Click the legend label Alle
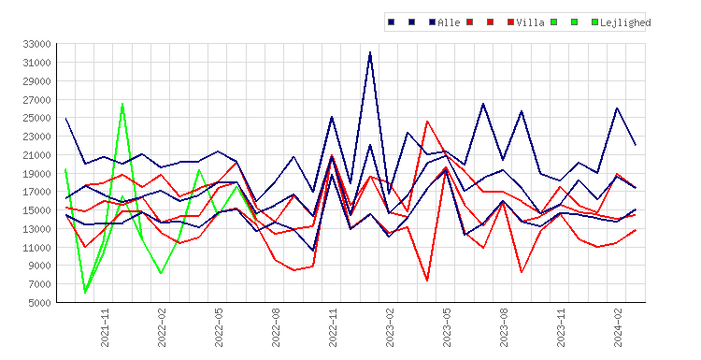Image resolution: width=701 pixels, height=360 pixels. tap(449, 22)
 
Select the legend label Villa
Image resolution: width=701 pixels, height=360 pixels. tap(530, 22)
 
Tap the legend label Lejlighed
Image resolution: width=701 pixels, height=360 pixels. tap(625, 22)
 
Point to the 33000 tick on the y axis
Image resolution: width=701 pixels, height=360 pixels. tap(37, 44)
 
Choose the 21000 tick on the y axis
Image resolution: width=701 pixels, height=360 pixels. tap(37, 154)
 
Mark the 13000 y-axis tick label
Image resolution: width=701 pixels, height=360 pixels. tap(37, 229)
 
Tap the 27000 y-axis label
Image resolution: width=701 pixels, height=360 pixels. tap(37, 99)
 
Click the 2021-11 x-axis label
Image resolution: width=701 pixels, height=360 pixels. tap(105, 327)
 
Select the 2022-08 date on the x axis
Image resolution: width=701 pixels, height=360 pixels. tap(276, 327)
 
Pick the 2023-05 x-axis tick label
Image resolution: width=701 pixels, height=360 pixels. tap(447, 327)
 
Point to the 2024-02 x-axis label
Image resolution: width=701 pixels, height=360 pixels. tap(618, 327)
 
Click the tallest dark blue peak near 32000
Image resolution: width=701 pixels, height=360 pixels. tap(370, 52)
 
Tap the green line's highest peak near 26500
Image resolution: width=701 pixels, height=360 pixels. tap(122, 104)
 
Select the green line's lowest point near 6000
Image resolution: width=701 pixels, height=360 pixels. tap(85, 293)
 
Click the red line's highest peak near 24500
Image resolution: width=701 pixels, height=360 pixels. tap(427, 122)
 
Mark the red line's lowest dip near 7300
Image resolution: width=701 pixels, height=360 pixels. tap(427, 281)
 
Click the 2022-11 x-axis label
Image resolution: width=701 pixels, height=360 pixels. tap(333, 327)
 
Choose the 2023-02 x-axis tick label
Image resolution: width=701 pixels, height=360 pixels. tap(390, 327)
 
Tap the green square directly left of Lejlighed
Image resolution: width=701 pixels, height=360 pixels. tap(594, 22)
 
